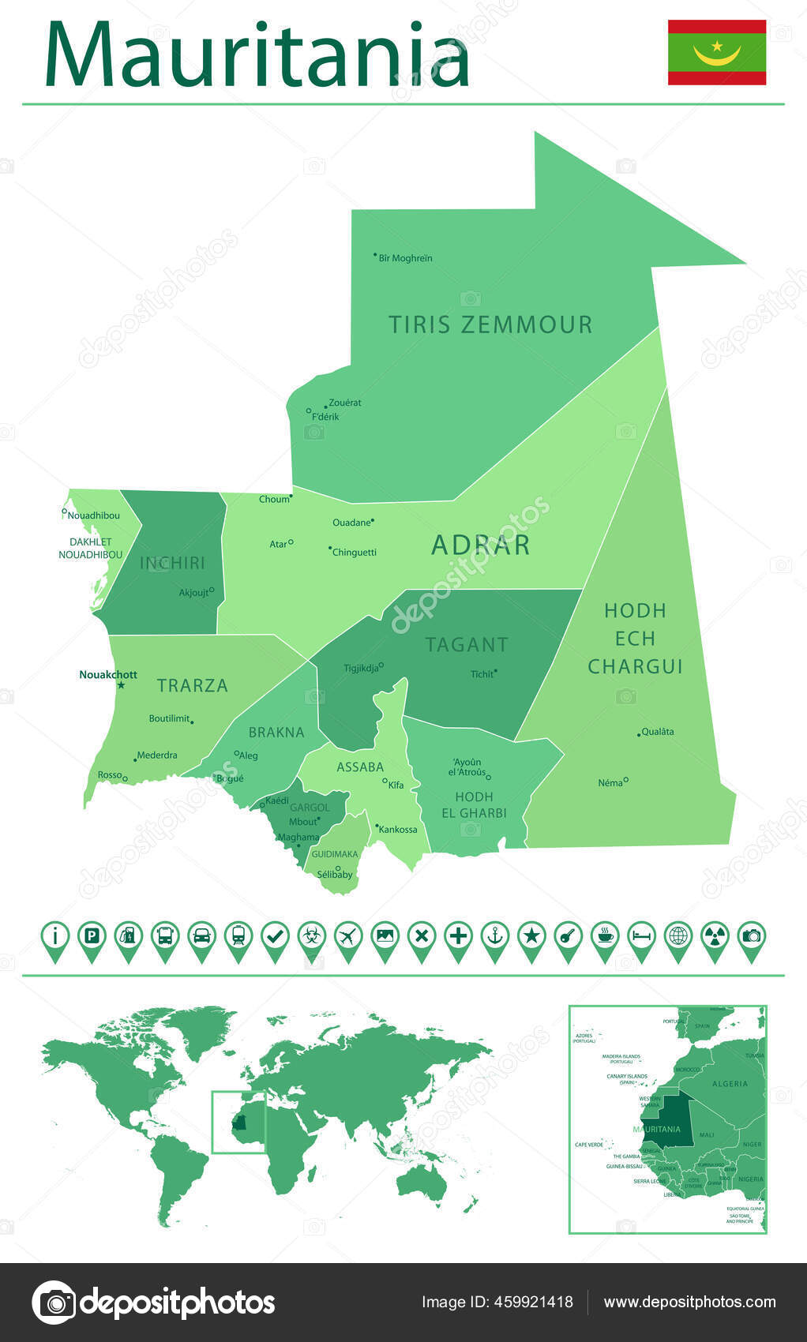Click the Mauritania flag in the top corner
(716, 52)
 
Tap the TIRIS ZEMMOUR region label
(490, 324)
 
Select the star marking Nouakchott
(121, 685)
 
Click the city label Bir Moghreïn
(405, 258)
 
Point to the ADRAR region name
(480, 545)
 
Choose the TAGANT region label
(467, 645)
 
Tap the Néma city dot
(626, 780)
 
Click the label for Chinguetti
(355, 553)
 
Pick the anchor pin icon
(495, 937)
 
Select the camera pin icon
(752, 937)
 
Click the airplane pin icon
(348, 937)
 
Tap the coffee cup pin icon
(605, 937)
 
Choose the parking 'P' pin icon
(92, 937)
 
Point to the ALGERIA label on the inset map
(730, 1084)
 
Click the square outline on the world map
(238, 1122)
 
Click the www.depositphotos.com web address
(689, 1302)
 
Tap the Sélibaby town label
(335, 875)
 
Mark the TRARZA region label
(192, 685)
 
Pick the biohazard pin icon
(311, 937)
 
